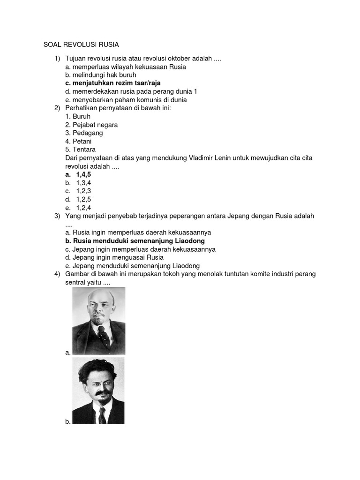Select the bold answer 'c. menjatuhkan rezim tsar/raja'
click(x=113, y=83)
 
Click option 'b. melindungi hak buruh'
click(x=101, y=75)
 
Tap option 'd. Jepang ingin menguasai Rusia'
click(x=114, y=257)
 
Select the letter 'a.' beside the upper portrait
click(x=68, y=352)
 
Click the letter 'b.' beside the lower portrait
click(x=68, y=421)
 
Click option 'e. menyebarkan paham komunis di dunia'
click(x=126, y=100)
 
